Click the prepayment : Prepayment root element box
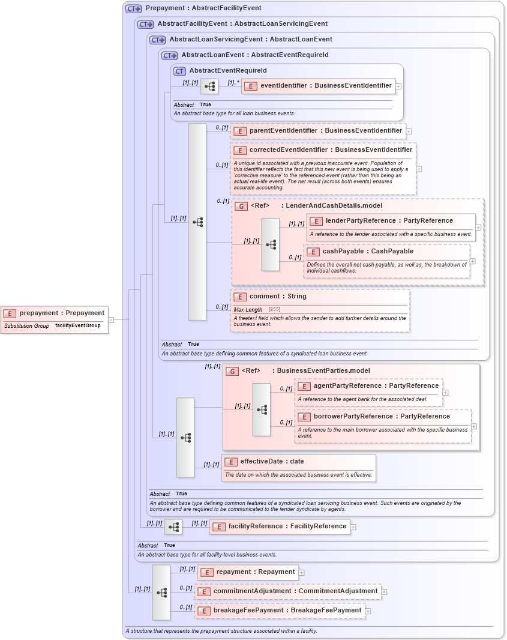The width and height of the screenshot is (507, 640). (x=55, y=313)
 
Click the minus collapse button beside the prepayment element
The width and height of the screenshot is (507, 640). (x=111, y=320)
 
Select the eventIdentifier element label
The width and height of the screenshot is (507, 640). (x=325, y=86)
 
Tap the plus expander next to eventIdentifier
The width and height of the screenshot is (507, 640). (x=398, y=86)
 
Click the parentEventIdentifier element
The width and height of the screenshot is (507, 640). (x=325, y=131)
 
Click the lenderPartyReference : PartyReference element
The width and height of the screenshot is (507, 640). (x=389, y=221)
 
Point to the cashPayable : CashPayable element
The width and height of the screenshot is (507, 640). (x=367, y=252)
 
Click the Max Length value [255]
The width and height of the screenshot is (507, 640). (x=275, y=310)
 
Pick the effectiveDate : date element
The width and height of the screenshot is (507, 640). (x=272, y=462)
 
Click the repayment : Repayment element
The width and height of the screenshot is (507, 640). (x=256, y=572)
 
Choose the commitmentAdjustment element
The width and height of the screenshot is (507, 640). (x=295, y=591)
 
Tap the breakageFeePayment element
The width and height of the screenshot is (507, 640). (x=287, y=611)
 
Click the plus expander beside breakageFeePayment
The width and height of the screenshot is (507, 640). (x=367, y=611)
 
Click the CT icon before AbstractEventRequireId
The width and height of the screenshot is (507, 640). (x=179, y=71)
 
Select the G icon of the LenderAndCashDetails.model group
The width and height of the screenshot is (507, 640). (x=241, y=206)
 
